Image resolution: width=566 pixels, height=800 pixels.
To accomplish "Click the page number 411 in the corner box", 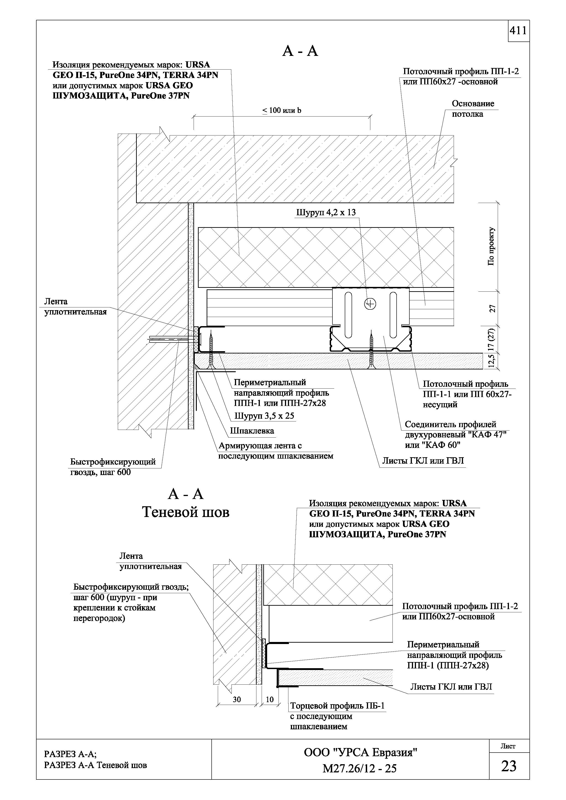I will pos(518,31).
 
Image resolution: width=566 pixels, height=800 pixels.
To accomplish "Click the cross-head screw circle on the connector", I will pos(370,304).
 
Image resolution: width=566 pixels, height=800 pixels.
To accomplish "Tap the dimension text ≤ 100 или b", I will pos(282,111).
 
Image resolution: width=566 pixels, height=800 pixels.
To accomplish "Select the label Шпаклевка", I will pos(252,431).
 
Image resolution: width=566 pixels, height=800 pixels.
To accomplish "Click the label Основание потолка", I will pos(473,109).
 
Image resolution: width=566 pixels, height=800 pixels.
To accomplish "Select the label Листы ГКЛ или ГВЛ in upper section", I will pos(423,461).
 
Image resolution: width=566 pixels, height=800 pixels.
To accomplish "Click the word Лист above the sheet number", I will pos(508,746).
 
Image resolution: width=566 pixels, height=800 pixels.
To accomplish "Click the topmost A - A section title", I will pos(300,51).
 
